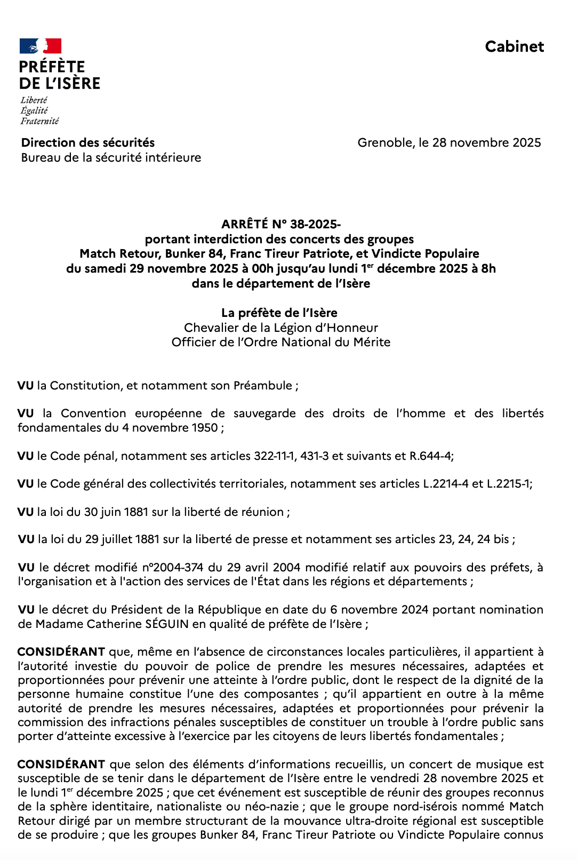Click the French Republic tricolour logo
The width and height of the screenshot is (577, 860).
[x=41, y=46]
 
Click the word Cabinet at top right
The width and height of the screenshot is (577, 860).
[x=514, y=47]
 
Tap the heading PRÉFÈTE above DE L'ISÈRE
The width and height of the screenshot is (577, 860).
[x=52, y=67]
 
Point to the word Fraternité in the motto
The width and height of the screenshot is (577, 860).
[x=39, y=121]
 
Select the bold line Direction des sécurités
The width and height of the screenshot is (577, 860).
[x=88, y=142]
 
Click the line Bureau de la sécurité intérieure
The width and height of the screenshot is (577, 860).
[x=111, y=157]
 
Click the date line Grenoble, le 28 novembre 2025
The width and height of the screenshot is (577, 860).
[x=449, y=142]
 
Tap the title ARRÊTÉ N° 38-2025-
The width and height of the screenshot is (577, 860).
[x=281, y=224]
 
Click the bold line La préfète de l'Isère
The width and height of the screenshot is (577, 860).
[x=279, y=313]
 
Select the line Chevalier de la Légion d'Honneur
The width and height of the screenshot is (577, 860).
[x=281, y=328]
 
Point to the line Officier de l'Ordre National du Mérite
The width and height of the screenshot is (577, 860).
[x=281, y=342]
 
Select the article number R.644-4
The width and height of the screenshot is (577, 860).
[x=430, y=456]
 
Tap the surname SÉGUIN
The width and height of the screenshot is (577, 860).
[x=167, y=624]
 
